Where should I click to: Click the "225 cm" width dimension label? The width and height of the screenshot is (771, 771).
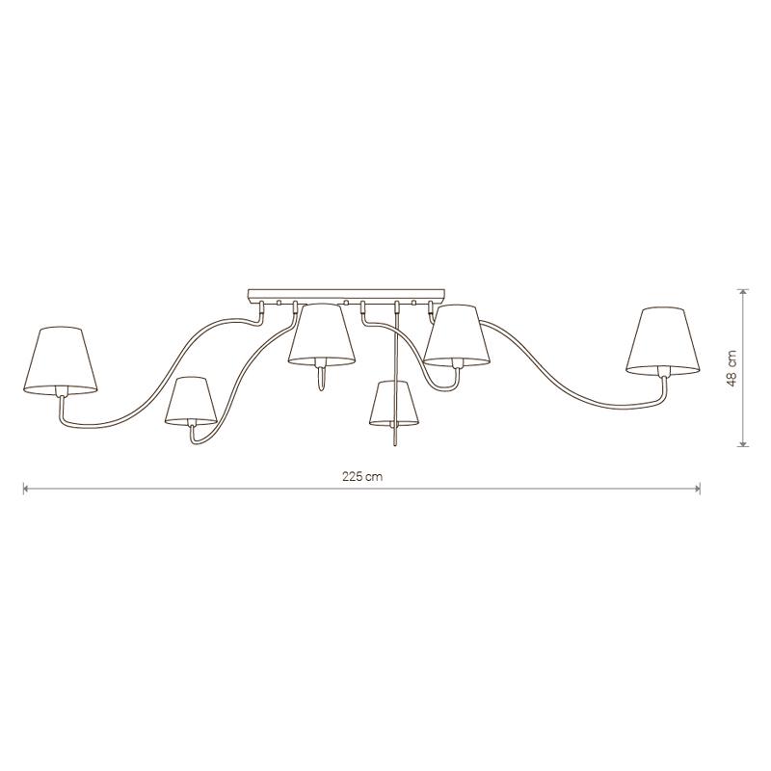coord(362,476)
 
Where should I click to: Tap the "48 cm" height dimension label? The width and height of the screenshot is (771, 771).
coord(732,368)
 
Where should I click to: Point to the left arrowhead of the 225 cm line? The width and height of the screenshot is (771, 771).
coord(27,489)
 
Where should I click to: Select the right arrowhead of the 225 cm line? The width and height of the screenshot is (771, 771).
coord(697,489)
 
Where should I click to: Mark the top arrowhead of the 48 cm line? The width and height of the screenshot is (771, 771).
coord(744,292)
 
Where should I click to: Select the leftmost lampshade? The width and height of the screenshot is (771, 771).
coord(61,360)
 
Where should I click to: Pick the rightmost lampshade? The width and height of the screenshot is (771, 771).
coord(663,340)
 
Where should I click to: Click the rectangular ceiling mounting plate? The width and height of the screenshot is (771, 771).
coord(347,295)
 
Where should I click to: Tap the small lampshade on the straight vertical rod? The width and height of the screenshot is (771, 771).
coord(394,403)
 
